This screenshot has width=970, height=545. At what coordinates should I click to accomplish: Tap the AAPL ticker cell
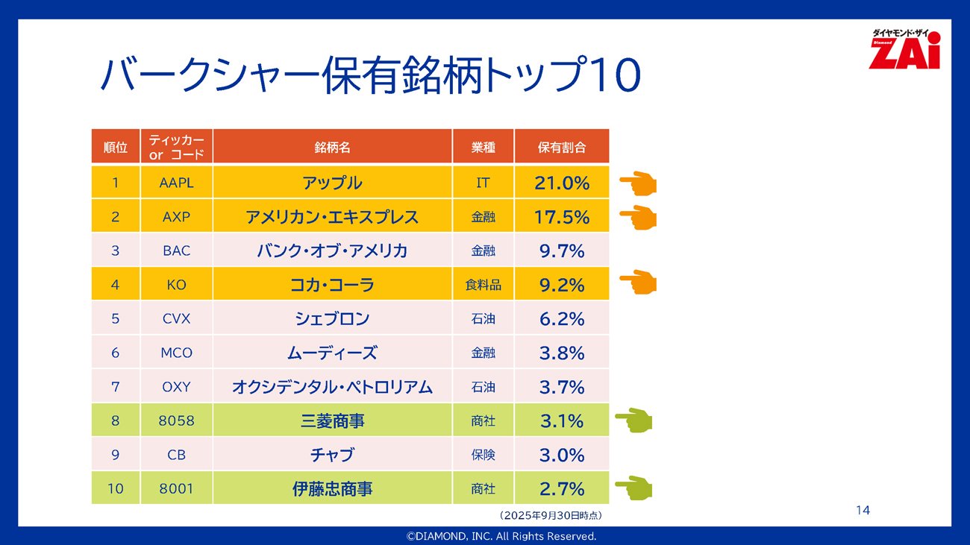(176, 183)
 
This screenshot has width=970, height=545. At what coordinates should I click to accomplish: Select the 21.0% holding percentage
(562, 183)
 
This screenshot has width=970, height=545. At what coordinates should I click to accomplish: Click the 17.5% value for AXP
(562, 217)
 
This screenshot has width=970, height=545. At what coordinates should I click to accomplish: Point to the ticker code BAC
(176, 251)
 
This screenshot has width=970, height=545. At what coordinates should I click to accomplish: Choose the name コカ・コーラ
(332, 285)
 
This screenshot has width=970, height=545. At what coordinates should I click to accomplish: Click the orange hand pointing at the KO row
(637, 283)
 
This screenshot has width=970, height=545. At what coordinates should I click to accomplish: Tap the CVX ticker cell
(176, 319)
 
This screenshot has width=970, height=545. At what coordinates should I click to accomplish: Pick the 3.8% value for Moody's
(562, 353)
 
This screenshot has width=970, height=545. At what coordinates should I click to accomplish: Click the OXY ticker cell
(176, 387)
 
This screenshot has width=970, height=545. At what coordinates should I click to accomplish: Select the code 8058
(176, 421)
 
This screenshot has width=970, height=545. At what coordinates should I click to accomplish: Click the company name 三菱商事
(332, 421)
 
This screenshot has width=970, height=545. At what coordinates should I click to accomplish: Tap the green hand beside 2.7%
(633, 488)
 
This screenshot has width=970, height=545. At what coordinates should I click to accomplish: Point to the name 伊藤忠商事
(332, 490)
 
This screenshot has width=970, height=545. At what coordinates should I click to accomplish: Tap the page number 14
(863, 511)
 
